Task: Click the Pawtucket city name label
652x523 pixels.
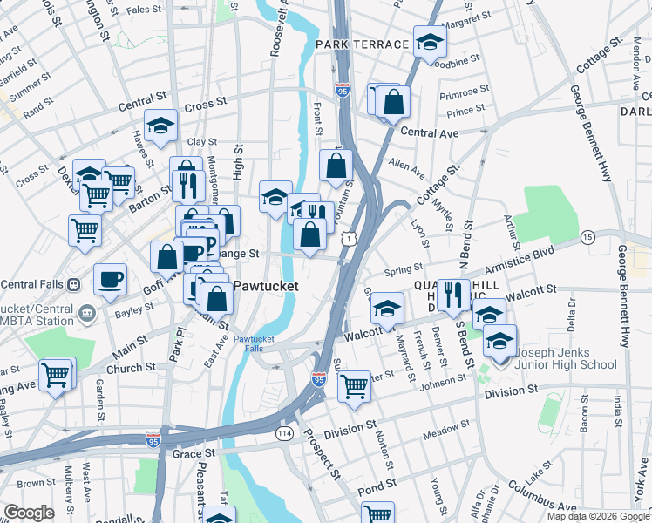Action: click(265, 286)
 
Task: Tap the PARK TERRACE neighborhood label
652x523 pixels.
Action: click(363, 44)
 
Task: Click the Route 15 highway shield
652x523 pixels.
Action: click(587, 237)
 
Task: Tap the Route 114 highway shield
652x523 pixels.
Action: click(284, 433)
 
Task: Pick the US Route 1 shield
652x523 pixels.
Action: click(349, 237)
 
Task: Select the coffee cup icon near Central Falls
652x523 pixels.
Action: click(110, 280)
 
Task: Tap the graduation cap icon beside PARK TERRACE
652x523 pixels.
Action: click(430, 41)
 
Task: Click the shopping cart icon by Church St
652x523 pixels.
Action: click(57, 375)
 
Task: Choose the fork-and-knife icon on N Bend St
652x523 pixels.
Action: click(453, 295)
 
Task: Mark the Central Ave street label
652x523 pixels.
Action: click(430, 133)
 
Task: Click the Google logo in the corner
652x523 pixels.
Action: click(29, 513)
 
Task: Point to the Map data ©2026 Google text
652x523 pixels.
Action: click(597, 516)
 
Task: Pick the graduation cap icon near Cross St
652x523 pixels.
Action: click(160, 126)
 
